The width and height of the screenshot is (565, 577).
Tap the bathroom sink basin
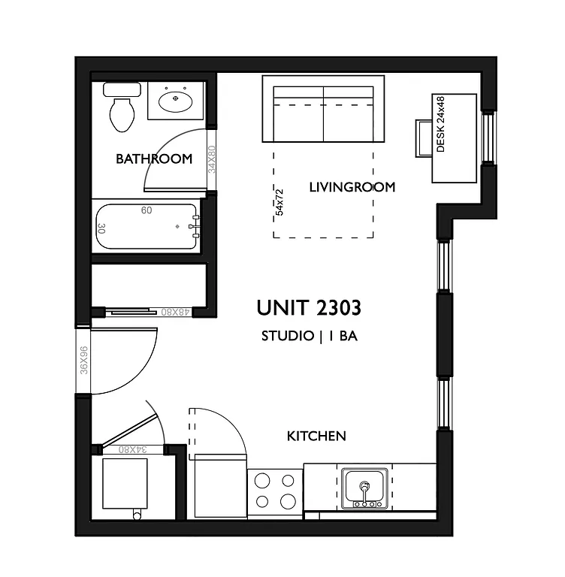(x=176, y=99)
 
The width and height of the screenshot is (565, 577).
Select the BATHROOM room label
(x=154, y=159)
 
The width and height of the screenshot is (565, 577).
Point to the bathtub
(x=147, y=226)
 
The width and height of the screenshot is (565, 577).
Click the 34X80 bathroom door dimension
(x=212, y=159)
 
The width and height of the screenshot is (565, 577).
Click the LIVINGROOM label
(x=352, y=187)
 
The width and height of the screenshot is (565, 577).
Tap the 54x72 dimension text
(x=279, y=201)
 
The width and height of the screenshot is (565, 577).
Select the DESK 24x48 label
(x=441, y=125)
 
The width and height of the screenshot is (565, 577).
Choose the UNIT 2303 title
(x=309, y=308)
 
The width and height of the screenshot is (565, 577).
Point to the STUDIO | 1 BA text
(x=309, y=337)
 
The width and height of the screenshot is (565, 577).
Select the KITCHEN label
(x=316, y=436)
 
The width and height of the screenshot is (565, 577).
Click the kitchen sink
(x=364, y=488)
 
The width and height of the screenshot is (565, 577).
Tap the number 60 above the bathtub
(x=147, y=210)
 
